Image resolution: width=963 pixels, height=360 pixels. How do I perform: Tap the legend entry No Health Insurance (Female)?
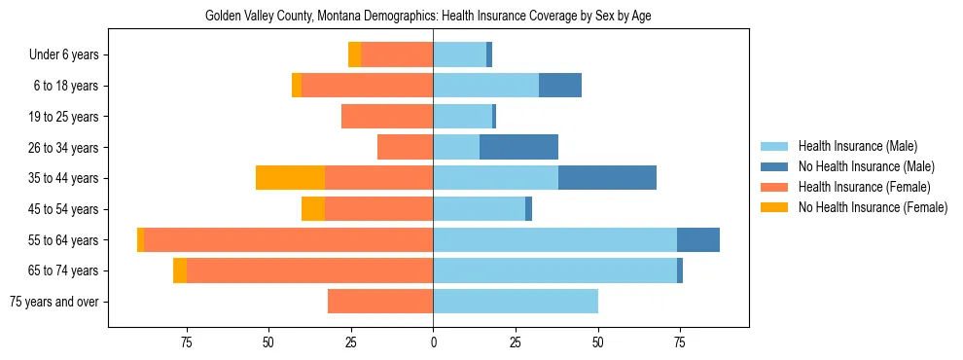coord(873,207)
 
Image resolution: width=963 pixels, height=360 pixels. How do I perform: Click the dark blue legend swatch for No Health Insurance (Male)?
coord(773,166)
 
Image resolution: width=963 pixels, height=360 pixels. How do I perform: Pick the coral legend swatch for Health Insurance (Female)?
coord(773,187)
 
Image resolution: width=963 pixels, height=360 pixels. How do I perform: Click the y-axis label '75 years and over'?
coord(54,302)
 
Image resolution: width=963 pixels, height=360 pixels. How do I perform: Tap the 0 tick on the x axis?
coord(433,342)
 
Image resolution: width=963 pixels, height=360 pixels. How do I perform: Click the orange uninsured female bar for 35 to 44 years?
coord(290,178)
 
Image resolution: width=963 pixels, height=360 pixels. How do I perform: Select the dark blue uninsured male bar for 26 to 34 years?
coord(518,147)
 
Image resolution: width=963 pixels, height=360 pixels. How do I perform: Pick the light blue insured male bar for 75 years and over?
coord(516,302)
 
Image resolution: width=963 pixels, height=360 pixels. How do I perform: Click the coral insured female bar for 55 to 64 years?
coord(288,240)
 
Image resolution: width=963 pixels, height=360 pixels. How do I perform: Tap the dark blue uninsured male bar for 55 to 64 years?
coord(698,240)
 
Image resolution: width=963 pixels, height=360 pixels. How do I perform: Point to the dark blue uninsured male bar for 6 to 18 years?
coord(560,86)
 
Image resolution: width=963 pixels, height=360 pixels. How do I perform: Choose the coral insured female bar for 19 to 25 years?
coord(387,117)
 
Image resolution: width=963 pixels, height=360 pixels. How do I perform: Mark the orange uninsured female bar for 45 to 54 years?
coord(313,209)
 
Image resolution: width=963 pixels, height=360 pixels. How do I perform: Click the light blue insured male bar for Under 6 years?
coord(459,55)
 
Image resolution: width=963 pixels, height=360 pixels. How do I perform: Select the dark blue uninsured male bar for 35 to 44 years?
coord(607,178)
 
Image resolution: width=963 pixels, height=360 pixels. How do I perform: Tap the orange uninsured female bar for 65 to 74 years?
coord(180,270)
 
